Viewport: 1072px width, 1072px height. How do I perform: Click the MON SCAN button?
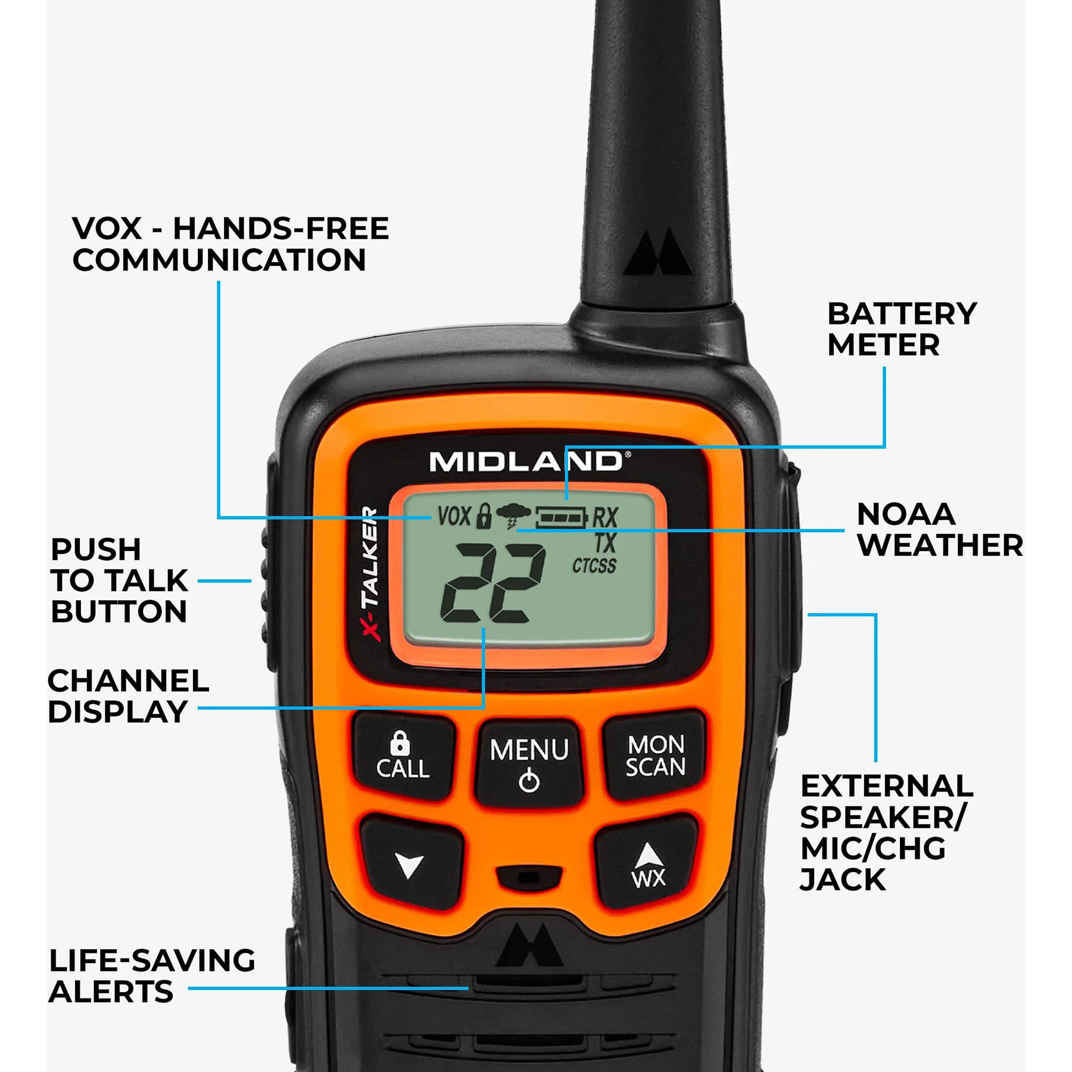[x=655, y=755]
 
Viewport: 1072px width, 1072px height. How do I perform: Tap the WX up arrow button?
[x=648, y=864]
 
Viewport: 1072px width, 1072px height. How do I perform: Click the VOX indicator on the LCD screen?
[x=454, y=516]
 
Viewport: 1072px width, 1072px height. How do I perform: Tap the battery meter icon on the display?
[x=562, y=518]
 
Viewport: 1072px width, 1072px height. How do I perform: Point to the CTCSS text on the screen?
[x=594, y=566]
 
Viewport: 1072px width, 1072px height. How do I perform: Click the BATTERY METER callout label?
[x=901, y=329]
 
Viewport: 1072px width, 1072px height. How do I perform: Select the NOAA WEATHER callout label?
[x=939, y=529]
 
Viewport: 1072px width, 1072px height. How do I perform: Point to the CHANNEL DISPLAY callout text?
[x=128, y=696]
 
